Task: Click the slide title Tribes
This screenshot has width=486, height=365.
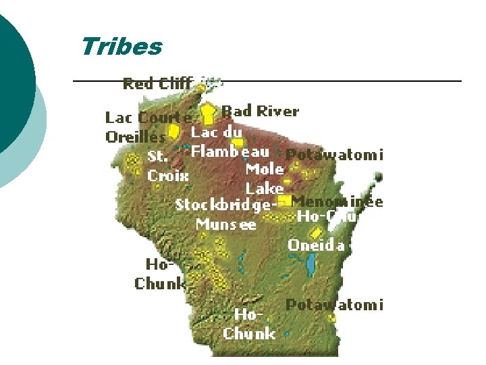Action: click(x=122, y=47)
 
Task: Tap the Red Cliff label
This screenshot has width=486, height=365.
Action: click(x=157, y=84)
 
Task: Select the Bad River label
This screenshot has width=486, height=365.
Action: click(x=260, y=111)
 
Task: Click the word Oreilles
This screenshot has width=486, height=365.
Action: click(x=135, y=137)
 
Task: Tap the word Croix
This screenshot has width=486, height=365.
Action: click(x=168, y=175)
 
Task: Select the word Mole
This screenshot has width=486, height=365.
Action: click(x=265, y=169)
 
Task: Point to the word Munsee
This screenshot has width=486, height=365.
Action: click(x=226, y=224)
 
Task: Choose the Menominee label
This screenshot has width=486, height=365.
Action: click(x=337, y=201)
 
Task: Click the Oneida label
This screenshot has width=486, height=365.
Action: click(x=316, y=245)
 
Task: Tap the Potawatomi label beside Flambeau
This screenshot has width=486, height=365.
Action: click(x=334, y=155)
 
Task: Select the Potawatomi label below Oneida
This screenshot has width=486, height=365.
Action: click(x=334, y=305)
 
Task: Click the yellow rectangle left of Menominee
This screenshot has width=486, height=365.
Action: click(x=284, y=201)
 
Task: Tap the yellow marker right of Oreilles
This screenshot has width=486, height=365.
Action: click(x=173, y=130)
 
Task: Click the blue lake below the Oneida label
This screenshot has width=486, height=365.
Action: click(x=311, y=265)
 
